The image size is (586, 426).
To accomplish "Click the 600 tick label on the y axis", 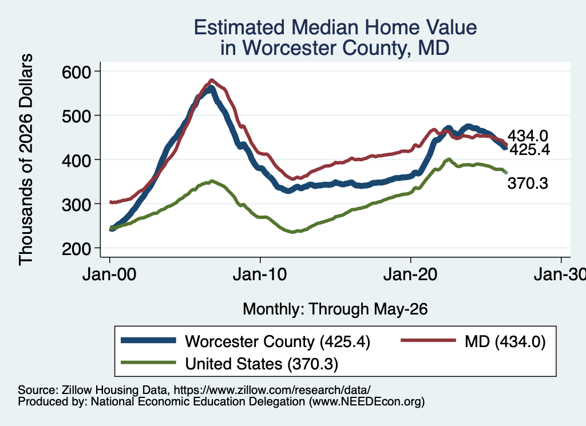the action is click(76, 71).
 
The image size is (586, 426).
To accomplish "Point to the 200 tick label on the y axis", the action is click(76, 249).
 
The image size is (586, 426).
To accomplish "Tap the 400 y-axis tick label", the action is click(76, 160).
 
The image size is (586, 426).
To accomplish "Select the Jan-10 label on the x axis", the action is click(260, 275).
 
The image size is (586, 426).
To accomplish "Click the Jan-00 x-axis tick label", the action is click(109, 275).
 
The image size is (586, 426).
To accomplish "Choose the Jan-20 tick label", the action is click(410, 275).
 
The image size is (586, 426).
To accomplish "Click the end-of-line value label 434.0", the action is click(528, 136).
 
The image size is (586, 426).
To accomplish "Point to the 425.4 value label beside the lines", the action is click(530, 150).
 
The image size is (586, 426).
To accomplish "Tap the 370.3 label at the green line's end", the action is click(528, 184).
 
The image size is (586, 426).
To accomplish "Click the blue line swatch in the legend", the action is click(148, 340).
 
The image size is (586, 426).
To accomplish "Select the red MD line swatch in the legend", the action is click(428, 340).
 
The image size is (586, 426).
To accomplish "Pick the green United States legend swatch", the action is click(148, 363).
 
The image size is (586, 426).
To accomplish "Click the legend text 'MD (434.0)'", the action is click(505, 341).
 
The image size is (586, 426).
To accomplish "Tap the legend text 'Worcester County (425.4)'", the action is click(278, 341).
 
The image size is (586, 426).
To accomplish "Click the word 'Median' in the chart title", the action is click(324, 27).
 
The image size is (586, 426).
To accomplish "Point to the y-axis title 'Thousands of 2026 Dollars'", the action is click(26, 160).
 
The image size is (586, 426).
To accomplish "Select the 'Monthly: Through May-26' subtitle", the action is click(335, 309).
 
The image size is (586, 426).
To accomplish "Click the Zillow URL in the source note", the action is click(272, 390).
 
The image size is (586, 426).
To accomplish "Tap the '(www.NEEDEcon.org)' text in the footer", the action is click(367, 402).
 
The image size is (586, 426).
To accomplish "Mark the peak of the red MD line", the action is click(212, 80).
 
